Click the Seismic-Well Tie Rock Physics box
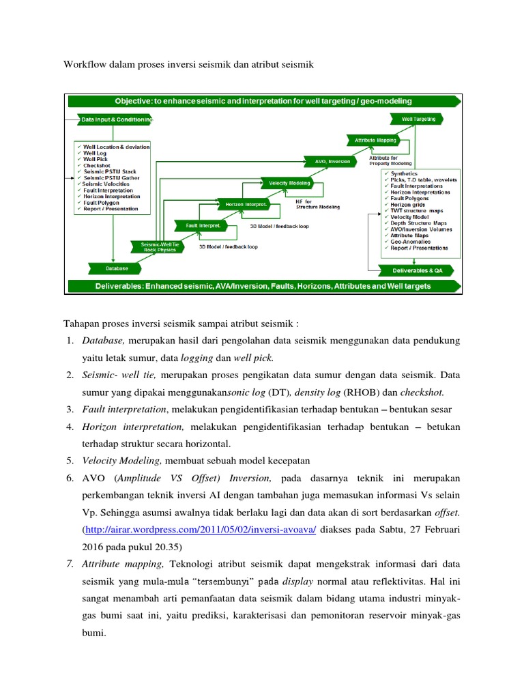coord(158,246)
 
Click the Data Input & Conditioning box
coord(115,119)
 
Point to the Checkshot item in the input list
coord(96,165)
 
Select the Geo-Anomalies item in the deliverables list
coord(411,241)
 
